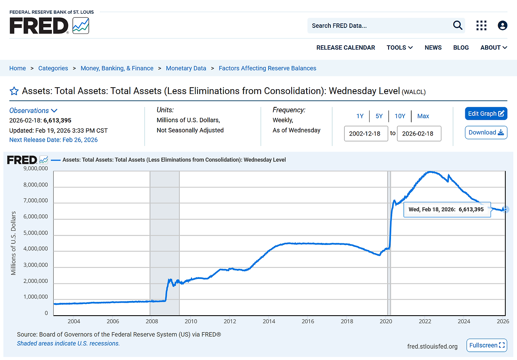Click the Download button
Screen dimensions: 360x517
tap(486, 132)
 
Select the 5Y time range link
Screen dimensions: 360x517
tap(379, 116)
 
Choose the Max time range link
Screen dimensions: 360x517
tap(423, 116)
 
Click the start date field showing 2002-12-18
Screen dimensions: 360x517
tap(366, 134)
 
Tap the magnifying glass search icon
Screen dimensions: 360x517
tap(458, 25)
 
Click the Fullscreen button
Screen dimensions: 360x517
tap(487, 345)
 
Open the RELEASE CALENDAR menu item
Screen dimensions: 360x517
tap(345, 48)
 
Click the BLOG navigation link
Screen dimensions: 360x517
tap(461, 48)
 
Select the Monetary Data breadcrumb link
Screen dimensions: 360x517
tap(186, 68)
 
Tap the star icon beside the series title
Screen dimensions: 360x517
tap(14, 91)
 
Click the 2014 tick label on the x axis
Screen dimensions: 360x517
tap(269, 321)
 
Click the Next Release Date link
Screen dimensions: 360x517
tap(53, 140)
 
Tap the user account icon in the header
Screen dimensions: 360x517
tap(502, 25)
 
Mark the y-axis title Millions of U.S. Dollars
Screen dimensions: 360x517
tap(14, 243)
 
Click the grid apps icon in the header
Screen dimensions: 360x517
tap(481, 25)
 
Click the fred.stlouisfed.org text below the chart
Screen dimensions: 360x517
tap(433, 346)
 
